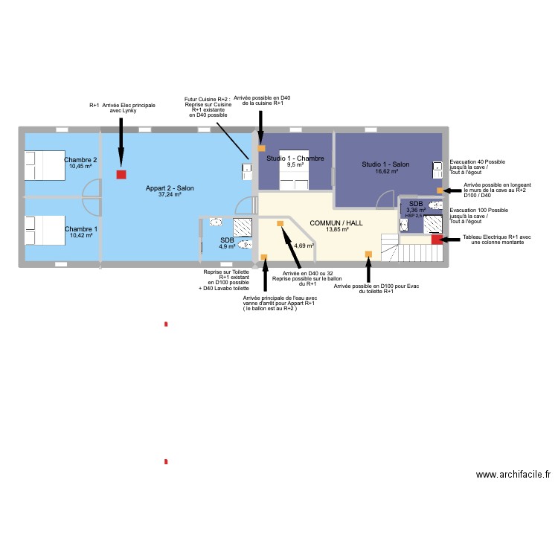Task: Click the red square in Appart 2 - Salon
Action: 121,175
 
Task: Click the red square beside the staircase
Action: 436,240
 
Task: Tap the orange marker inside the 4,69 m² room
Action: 280,224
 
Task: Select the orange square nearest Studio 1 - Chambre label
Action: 261,148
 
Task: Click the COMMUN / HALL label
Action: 336,223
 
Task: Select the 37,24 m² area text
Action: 170,195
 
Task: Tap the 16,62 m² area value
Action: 385,171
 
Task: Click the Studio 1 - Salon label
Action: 385,164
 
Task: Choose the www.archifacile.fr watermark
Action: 513,475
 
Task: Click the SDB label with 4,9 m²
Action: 227,240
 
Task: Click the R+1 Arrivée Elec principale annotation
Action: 122,108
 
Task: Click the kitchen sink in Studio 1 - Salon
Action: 437,168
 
